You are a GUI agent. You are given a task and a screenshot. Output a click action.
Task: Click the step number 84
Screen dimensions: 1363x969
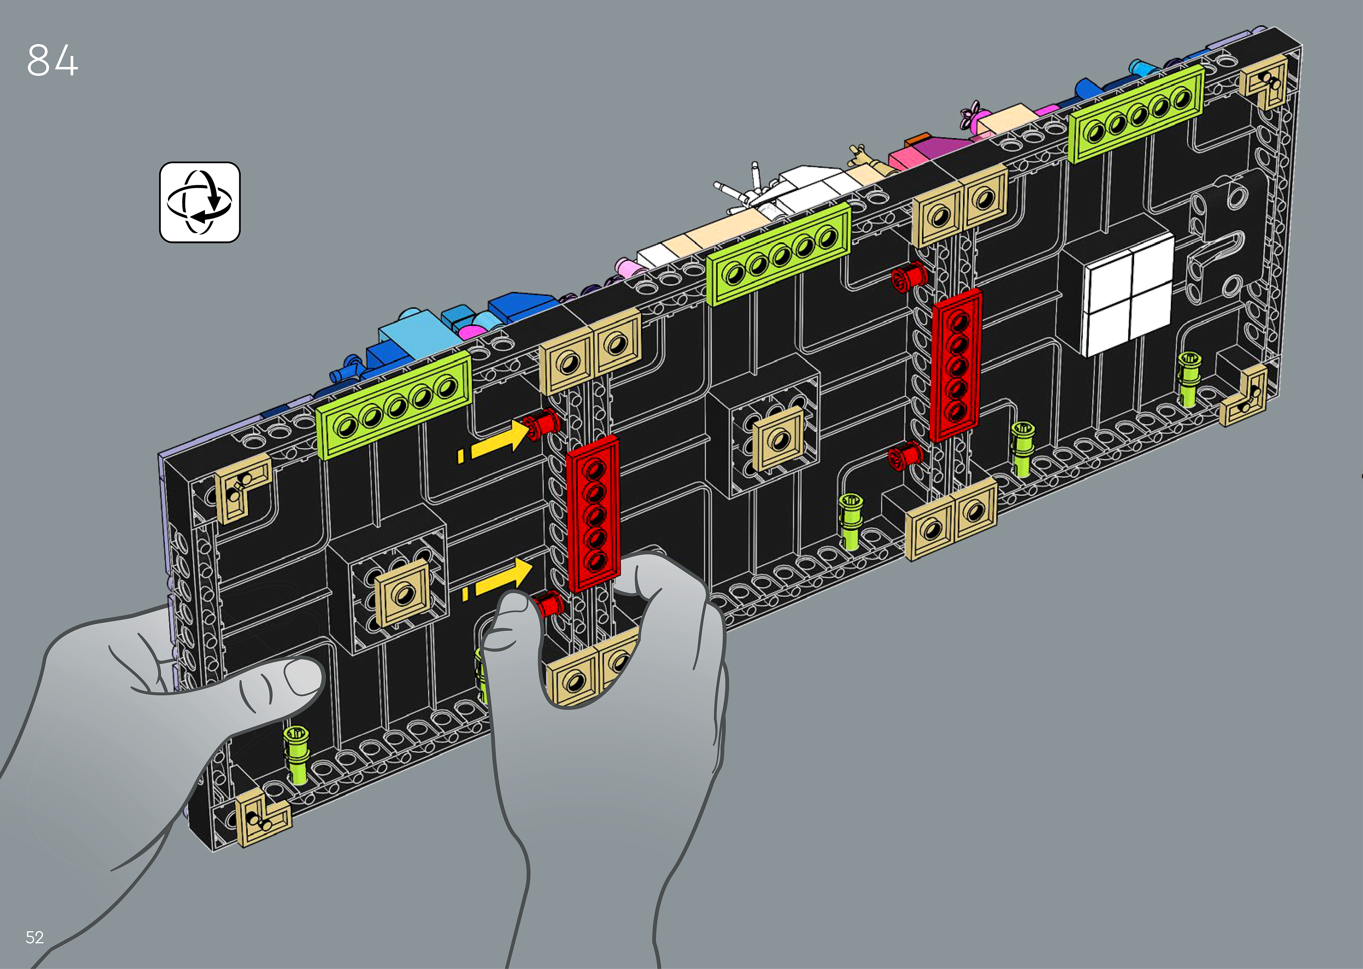coord(53,60)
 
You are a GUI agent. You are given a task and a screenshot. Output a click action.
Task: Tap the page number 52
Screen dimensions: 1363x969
coord(35,937)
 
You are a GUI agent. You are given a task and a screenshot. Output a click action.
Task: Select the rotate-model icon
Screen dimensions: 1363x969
coord(200,202)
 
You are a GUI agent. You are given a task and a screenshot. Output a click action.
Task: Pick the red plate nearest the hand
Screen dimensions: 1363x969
coord(593,513)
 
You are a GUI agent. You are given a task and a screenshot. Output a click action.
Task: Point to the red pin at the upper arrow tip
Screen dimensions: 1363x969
coord(542,424)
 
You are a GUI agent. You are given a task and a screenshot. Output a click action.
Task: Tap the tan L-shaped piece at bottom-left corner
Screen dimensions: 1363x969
coord(263,817)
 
